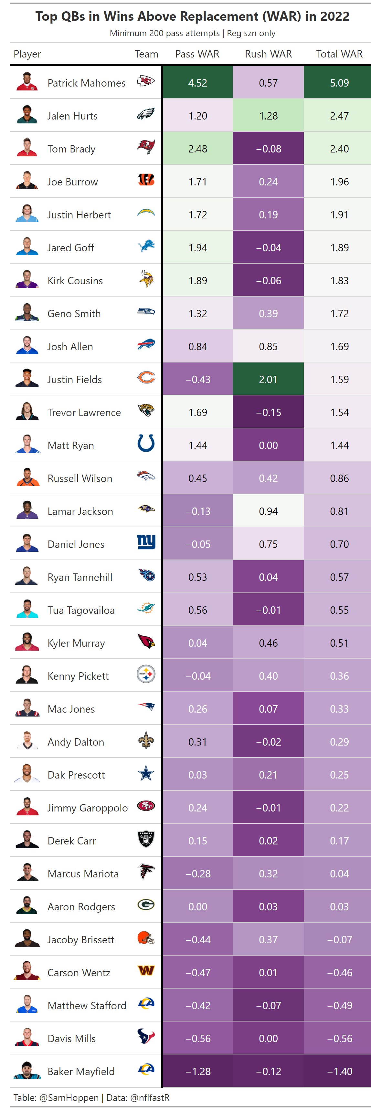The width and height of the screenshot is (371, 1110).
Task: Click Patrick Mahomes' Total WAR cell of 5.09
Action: [x=339, y=83]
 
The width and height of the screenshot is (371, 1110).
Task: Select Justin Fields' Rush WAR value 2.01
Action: [x=268, y=380]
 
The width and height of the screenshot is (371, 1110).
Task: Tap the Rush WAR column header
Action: [x=268, y=54]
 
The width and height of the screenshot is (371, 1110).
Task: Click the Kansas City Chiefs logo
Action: [x=146, y=81]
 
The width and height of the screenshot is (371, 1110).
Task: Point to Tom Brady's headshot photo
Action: [x=27, y=148]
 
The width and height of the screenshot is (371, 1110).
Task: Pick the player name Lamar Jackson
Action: [x=80, y=511]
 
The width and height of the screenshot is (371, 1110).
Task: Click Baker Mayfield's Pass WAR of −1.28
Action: [x=198, y=1071]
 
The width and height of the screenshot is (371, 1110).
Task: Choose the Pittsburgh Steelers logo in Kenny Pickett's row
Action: [x=146, y=674]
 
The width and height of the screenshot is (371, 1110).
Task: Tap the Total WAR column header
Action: [x=339, y=54]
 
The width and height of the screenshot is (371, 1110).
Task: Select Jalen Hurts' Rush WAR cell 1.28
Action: [x=268, y=116]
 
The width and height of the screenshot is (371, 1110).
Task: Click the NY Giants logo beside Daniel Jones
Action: [x=146, y=542]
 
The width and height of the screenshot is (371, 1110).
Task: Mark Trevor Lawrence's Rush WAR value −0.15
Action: [x=268, y=412]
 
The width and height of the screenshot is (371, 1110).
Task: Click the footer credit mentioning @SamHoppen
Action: [x=91, y=1097]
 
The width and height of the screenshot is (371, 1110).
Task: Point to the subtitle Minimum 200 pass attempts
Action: [x=192, y=33]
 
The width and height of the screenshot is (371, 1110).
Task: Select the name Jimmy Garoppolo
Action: [x=88, y=808]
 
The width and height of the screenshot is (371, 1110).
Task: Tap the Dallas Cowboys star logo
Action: [x=146, y=773]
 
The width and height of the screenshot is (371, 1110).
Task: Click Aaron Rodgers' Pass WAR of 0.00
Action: [x=198, y=906]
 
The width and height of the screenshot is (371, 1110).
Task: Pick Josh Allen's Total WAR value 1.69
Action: [x=339, y=346]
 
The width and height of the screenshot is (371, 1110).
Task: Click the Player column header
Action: [x=27, y=54]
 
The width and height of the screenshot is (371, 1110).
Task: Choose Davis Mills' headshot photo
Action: [x=27, y=1038]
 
